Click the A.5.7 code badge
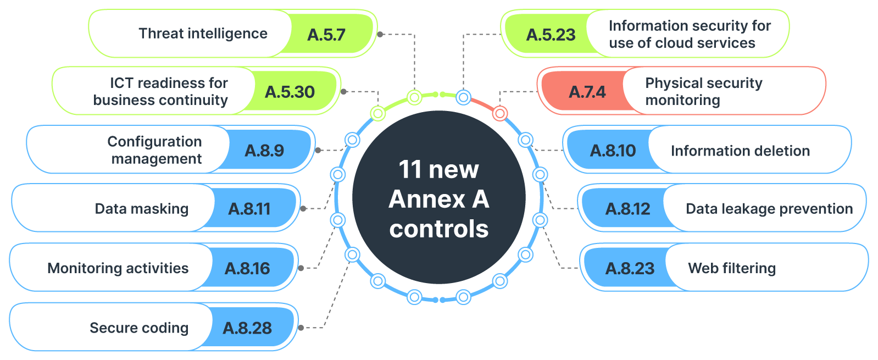coord(326,35)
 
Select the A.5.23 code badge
coord(551,35)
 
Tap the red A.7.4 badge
coord(587,92)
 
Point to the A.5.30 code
coord(290,92)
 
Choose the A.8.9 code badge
coord(264,151)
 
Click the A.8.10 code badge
coord(613,151)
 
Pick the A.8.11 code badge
coord(249,209)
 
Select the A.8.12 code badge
coord(627,209)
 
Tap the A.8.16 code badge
coord(247,268)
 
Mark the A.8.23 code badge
coord(630,268)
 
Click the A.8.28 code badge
coord(247,328)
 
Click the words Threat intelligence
coord(203,34)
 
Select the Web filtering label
coord(732,268)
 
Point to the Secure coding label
coord(139,328)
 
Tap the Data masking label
coord(142,209)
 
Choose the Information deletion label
coord(740,151)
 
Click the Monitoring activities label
coord(118,268)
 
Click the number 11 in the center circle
coord(409,169)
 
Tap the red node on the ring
coord(499,114)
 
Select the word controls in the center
coord(439,229)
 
